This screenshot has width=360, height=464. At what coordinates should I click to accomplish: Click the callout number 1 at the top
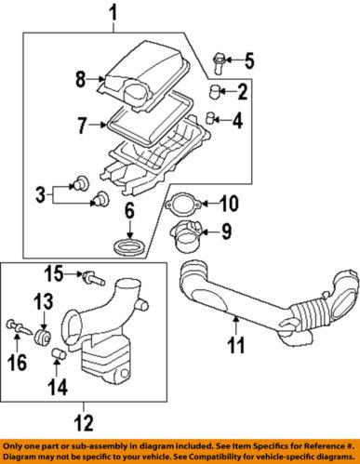[114, 14]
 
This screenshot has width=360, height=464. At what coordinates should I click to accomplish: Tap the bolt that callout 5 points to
[219, 63]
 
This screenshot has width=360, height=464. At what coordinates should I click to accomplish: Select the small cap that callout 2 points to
[214, 91]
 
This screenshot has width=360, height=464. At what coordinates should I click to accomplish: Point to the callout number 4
[237, 120]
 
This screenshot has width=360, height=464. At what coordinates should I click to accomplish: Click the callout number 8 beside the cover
[81, 79]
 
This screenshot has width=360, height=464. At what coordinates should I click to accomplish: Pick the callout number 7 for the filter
[82, 126]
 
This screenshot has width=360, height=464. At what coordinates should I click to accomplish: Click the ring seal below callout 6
[130, 247]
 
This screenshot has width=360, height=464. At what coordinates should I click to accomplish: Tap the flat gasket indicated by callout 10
[183, 203]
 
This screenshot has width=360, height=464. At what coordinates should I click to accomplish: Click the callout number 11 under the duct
[236, 345]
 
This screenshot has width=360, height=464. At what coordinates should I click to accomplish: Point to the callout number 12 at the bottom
[84, 423]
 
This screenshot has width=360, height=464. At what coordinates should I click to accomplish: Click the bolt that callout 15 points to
[93, 278]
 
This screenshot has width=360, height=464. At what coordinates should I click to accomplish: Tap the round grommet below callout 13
[42, 338]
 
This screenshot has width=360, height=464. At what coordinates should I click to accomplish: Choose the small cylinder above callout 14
[59, 354]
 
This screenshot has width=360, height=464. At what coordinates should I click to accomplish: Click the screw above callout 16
[19, 327]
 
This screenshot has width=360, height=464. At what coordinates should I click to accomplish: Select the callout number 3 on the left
[40, 195]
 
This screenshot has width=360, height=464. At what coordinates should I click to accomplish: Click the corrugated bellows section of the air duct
[309, 313]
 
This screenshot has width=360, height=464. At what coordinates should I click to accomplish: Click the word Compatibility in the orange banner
[214, 457]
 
